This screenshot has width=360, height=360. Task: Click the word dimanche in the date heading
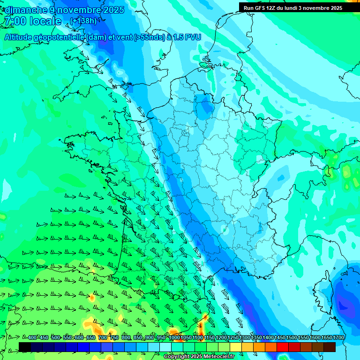(x=24, y=10)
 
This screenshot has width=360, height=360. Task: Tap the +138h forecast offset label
(x=83, y=21)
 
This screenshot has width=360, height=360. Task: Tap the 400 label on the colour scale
(x=32, y=338)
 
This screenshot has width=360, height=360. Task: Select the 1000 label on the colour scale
(x=174, y=338)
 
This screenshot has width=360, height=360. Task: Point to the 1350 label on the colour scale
(x=256, y=338)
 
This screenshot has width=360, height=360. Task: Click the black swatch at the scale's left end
(x=25, y=347)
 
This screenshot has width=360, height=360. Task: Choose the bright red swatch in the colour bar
(x=283, y=347)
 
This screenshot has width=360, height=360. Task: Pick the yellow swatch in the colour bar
(x=236, y=347)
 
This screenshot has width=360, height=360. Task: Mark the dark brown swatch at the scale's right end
(x=330, y=347)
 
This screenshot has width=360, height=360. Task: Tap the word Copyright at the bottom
(x=176, y=356)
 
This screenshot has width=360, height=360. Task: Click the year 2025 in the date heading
(x=114, y=10)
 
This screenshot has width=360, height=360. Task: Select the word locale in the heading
(x=45, y=21)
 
